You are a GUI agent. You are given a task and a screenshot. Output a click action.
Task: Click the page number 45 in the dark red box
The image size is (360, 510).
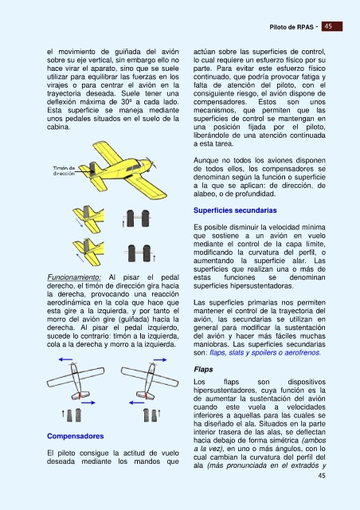[328, 26]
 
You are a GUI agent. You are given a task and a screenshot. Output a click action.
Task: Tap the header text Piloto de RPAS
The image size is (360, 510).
[292, 27]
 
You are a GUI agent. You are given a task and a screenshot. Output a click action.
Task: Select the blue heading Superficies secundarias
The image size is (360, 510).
[235, 210]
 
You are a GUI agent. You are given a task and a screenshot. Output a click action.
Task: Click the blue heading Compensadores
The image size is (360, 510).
[75, 436]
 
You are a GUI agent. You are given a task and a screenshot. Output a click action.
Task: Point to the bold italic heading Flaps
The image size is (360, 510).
[203, 370]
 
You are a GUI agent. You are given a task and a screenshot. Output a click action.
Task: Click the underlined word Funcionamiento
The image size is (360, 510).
[74, 277]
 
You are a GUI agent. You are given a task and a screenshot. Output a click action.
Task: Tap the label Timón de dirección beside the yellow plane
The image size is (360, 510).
[64, 171]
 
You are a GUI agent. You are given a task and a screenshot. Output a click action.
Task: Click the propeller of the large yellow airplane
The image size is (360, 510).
[151, 163]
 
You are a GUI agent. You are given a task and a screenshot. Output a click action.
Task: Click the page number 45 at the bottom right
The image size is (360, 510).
[322, 476]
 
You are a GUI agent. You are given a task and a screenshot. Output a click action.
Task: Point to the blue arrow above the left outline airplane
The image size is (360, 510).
[65, 359]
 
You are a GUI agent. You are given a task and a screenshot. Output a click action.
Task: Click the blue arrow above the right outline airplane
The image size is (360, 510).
[160, 359]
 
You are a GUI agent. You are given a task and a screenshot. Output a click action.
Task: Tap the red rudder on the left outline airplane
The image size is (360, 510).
[80, 395]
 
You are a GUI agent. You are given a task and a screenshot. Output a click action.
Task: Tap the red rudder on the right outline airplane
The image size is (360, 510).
[146, 395]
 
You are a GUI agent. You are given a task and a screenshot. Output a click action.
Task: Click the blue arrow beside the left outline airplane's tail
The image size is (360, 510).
[88, 402]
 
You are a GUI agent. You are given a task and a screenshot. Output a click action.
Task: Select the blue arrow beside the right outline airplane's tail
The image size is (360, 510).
[136, 402]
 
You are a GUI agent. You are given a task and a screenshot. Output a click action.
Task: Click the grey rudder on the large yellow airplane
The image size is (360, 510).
[92, 169]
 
